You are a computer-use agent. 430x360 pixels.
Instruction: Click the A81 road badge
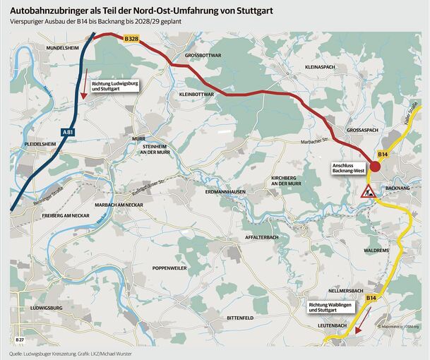[x=67, y=132]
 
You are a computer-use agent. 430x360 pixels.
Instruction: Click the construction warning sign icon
[x=367, y=191]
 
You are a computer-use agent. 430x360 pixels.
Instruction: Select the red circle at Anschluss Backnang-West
[x=376, y=166]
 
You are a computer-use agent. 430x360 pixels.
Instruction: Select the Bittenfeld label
[x=240, y=318]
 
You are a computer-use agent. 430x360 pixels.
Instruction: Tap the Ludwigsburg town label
[x=47, y=309]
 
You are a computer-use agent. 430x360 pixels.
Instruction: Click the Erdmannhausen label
[x=225, y=192]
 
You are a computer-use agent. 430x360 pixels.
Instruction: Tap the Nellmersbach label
[x=346, y=291]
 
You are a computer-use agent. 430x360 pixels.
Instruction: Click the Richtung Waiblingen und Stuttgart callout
[x=331, y=307]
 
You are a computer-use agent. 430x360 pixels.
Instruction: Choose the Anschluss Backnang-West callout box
[x=347, y=169]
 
